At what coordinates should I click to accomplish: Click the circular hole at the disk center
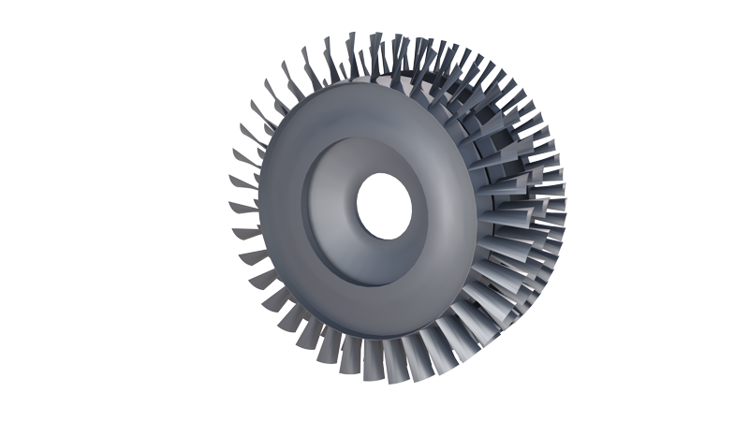385,205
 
